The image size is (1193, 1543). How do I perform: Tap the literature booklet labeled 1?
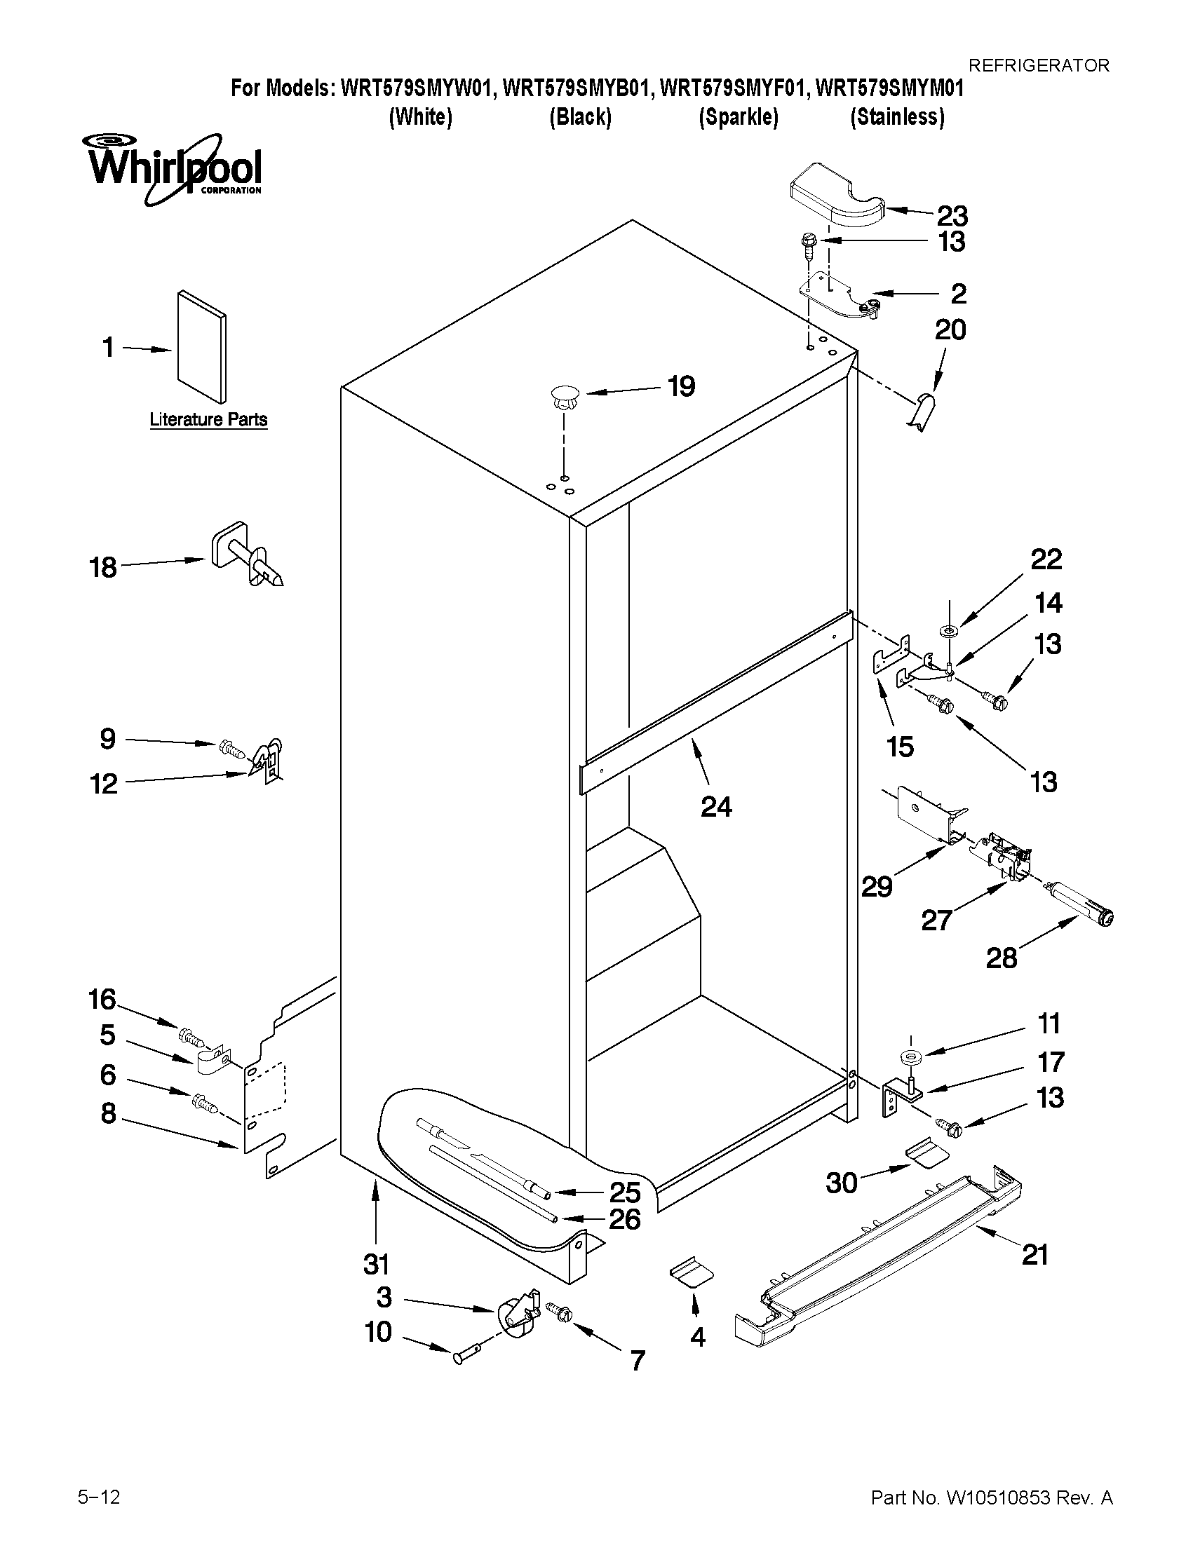pyautogui.click(x=201, y=346)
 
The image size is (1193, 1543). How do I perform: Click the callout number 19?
pyautogui.click(x=681, y=386)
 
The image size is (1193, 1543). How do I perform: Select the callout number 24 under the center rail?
pyautogui.click(x=716, y=806)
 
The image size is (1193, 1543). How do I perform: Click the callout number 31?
pyautogui.click(x=376, y=1264)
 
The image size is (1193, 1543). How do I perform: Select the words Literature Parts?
pyautogui.click(x=208, y=420)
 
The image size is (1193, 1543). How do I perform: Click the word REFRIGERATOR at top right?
pyautogui.click(x=1038, y=66)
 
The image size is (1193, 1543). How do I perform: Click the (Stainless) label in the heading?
pyautogui.click(x=897, y=116)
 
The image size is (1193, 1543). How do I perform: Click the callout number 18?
pyautogui.click(x=103, y=567)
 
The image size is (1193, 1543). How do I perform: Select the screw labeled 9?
pyautogui.click(x=230, y=746)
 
